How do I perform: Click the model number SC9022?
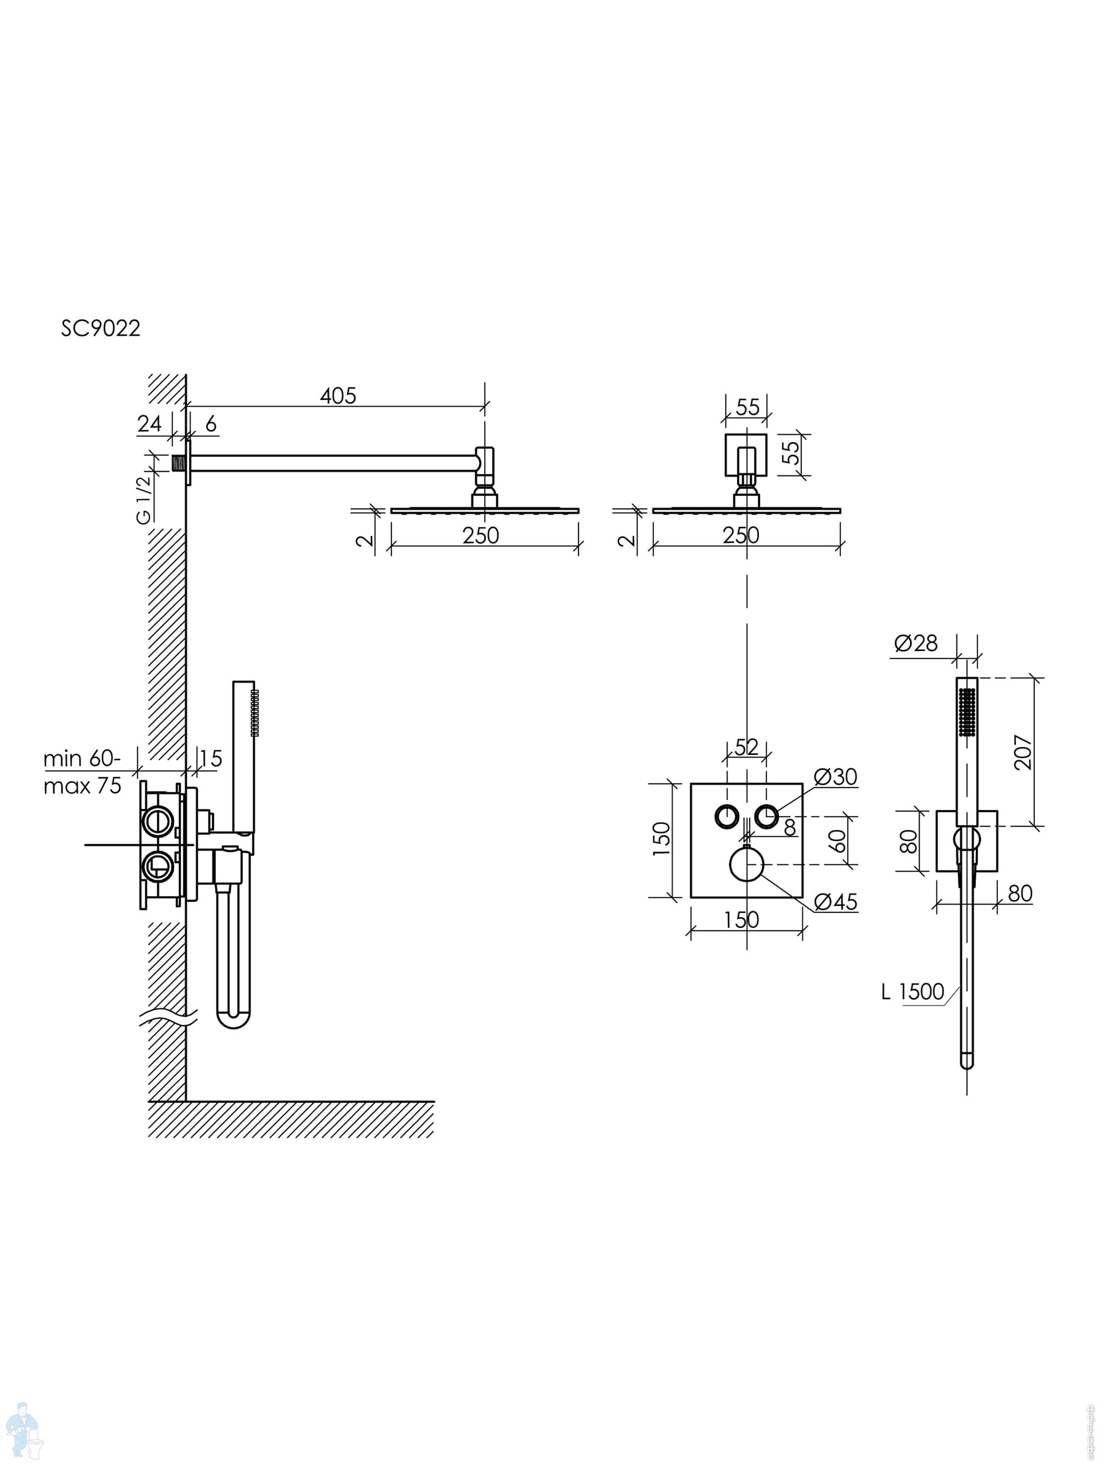point(101,329)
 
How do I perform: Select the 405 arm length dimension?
point(338,396)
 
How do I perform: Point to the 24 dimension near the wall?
point(149,423)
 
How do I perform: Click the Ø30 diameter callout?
point(835,776)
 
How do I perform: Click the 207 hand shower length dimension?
point(1024,752)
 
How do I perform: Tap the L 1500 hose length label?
point(913,991)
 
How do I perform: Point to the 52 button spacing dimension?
point(747,747)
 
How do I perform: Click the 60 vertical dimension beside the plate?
point(837,841)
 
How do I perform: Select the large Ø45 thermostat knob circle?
point(747,865)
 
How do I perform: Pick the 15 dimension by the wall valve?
point(210,758)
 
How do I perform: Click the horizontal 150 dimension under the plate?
point(741,920)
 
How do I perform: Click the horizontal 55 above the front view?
point(748,407)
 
